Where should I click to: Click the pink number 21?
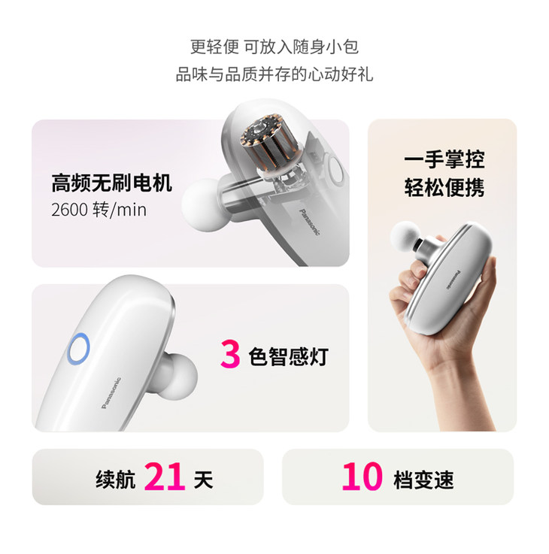(165, 477)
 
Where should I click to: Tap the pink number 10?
(362, 477)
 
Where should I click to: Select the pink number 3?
(230, 354)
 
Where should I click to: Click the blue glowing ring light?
(78, 349)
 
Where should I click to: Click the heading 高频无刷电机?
(112, 183)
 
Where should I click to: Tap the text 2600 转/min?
(99, 210)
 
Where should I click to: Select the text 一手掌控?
(444, 159)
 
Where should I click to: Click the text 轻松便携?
(444, 187)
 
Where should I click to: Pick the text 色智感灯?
(289, 356)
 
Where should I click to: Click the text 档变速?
(423, 480)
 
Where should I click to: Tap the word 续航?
(115, 480)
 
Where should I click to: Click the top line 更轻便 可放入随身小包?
(274, 47)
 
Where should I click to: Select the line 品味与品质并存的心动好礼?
(274, 74)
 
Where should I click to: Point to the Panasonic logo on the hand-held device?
(453, 280)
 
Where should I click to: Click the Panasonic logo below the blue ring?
(111, 393)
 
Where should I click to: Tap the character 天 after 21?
(203, 480)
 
